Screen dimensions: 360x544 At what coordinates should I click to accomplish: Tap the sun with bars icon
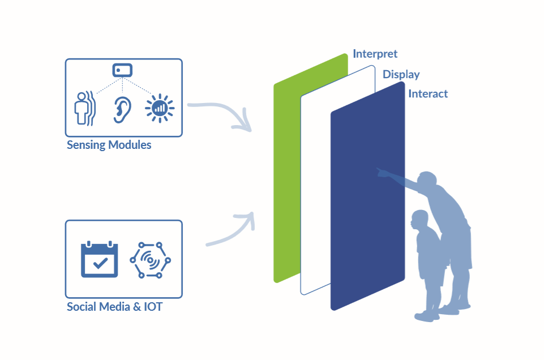[x=159, y=108]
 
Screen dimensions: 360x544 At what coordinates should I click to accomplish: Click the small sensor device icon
[x=123, y=70]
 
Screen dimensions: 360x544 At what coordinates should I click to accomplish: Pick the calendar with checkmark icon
[x=99, y=259]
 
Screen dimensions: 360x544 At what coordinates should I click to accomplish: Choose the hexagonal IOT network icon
[x=150, y=260]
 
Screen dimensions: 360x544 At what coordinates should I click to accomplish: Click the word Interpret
[x=375, y=54]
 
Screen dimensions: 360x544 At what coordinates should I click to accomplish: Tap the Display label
[x=401, y=75]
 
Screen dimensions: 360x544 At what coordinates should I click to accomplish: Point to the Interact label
[x=427, y=94]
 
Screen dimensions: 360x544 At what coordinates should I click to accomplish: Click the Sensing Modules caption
[x=109, y=145]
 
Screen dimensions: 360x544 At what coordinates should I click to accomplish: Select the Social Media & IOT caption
[x=114, y=307]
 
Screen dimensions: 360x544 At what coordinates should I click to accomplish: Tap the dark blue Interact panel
[x=362, y=226]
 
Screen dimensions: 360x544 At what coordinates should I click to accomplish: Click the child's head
[x=419, y=220]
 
